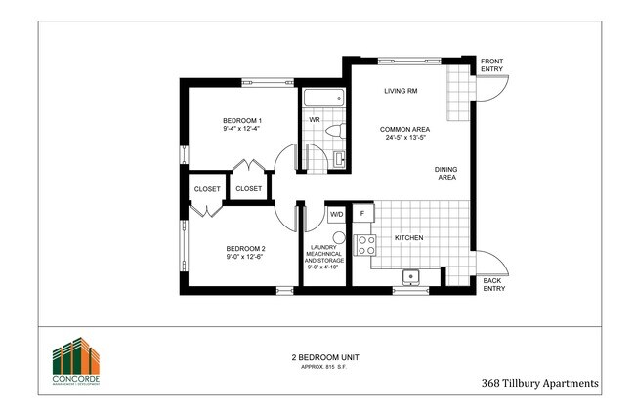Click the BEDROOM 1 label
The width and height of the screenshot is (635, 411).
click(242, 120)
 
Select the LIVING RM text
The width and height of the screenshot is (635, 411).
click(401, 91)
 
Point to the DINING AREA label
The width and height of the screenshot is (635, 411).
click(446, 173)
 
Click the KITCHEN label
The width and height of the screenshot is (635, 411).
click(408, 237)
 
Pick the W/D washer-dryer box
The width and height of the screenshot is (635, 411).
click(336, 213)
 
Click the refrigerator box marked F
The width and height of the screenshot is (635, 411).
click(363, 212)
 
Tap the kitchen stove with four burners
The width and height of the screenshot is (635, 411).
click(366, 244)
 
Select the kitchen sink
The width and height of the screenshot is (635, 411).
click(412, 275)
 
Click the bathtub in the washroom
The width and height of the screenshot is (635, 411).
click(321, 99)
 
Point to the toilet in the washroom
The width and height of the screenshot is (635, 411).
click(333, 129)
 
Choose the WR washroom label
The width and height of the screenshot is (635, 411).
click(315, 120)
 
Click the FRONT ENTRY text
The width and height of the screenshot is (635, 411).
click(490, 65)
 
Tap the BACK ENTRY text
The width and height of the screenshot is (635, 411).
click(494, 285)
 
